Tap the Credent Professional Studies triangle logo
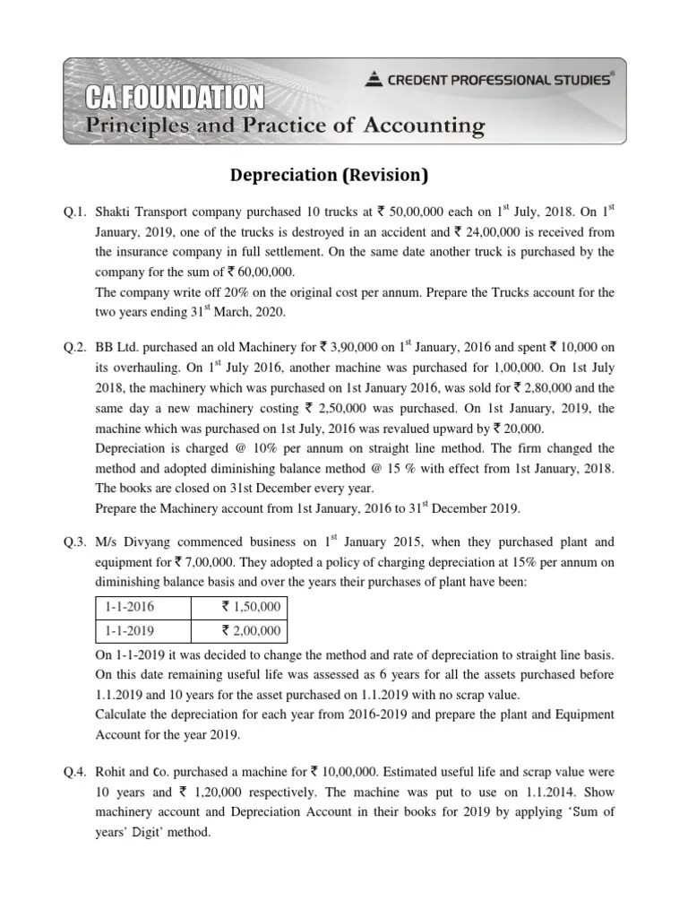point(374,80)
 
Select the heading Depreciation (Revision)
point(344,174)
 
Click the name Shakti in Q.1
point(116,212)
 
